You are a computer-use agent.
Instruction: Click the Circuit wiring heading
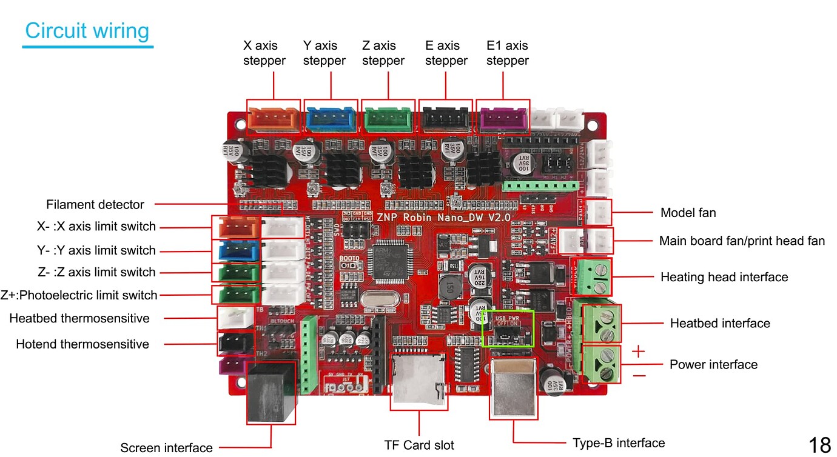click(87, 31)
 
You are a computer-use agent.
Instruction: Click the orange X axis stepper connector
click(274, 116)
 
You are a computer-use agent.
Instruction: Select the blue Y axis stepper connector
click(331, 116)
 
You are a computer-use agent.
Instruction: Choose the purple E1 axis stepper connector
click(503, 116)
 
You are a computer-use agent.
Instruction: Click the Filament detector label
click(95, 205)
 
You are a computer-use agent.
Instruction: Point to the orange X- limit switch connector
click(235, 228)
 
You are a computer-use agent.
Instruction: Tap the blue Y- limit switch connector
click(235, 250)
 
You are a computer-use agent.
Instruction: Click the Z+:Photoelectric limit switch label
click(79, 295)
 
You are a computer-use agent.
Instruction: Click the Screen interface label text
click(166, 448)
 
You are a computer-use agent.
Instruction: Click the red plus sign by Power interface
click(639, 352)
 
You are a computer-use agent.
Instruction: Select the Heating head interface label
click(724, 277)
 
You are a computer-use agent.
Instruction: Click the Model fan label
click(688, 213)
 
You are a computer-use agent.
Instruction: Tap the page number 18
click(819, 445)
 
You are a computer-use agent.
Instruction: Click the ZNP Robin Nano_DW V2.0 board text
click(443, 216)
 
